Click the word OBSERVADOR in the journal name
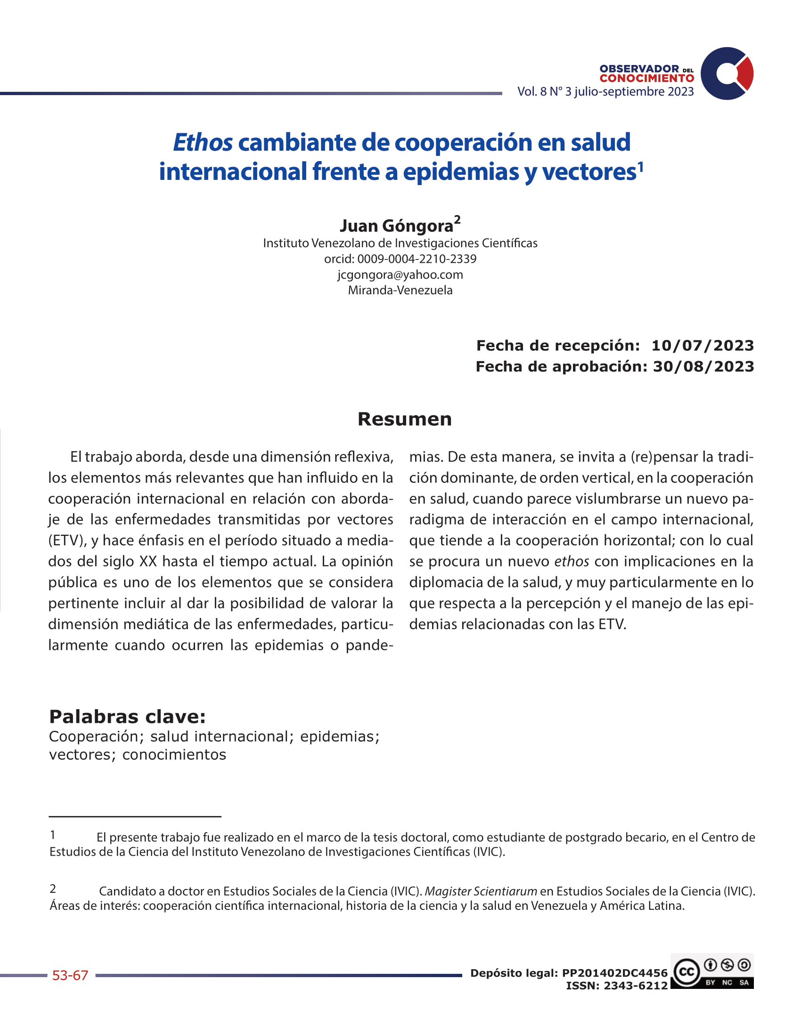[x=639, y=69]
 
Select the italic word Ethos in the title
[x=203, y=142]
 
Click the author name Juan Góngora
[x=396, y=226]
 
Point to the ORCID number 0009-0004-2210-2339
[x=417, y=259]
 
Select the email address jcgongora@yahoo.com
[x=400, y=275]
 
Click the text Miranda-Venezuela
[x=400, y=290]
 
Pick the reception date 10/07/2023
[x=703, y=345]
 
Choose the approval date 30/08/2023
[x=703, y=366]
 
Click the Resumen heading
[x=404, y=419]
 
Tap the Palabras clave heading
[x=127, y=716]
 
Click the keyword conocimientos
[x=174, y=755]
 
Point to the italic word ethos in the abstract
[x=572, y=562]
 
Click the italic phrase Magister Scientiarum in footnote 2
[x=481, y=891]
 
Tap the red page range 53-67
[x=70, y=975]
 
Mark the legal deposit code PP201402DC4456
[x=614, y=973]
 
